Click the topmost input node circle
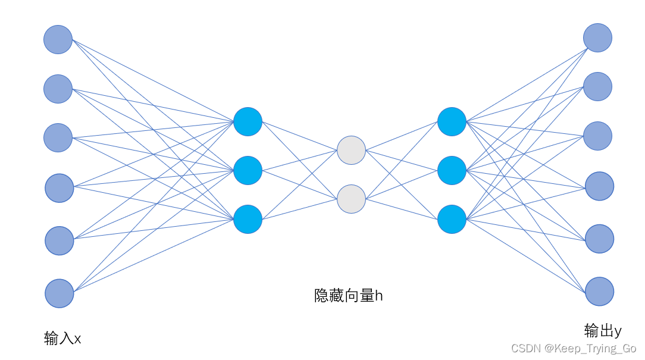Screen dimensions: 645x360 (x=58, y=39)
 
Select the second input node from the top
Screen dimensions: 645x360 (x=58, y=89)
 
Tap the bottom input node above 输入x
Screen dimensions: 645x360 (x=59, y=293)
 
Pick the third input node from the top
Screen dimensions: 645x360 (x=58, y=137)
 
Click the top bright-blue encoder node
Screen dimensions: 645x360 (x=248, y=121)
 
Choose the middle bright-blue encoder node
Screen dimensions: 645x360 (x=248, y=170)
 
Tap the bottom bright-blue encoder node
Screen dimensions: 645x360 (x=248, y=219)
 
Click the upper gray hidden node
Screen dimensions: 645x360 (x=351, y=150)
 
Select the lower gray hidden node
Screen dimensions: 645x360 (x=351, y=199)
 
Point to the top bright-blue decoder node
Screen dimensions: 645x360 (x=452, y=121)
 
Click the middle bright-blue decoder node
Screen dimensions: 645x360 (x=452, y=170)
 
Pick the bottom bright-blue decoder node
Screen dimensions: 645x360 (x=452, y=219)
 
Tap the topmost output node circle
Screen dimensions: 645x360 (x=597, y=37)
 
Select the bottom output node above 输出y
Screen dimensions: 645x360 (x=599, y=292)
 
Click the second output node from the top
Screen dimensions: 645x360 (x=597, y=86)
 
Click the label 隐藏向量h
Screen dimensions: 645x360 (x=348, y=295)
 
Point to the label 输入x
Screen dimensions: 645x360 (x=62, y=339)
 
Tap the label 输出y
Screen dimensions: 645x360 (x=603, y=330)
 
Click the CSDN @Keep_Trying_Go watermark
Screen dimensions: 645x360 (x=574, y=348)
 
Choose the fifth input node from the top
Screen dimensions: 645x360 (x=59, y=240)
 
